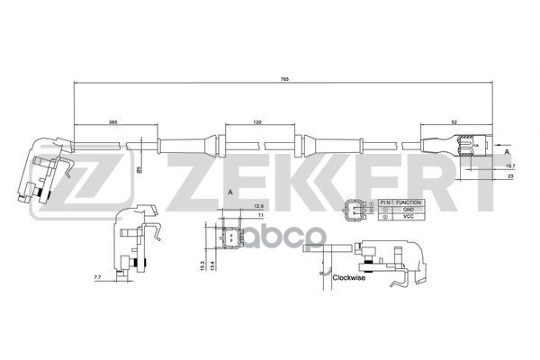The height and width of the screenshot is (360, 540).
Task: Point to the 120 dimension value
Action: (x=258, y=121)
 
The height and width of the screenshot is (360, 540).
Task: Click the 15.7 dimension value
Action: (x=509, y=166)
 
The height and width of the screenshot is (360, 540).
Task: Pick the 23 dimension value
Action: (x=509, y=177)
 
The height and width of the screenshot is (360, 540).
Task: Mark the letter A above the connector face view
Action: (x=230, y=193)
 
